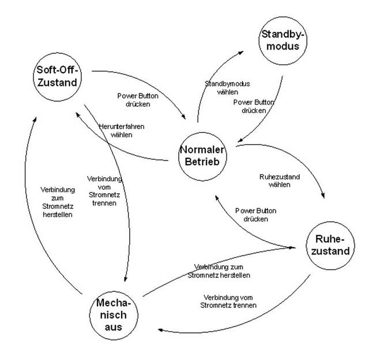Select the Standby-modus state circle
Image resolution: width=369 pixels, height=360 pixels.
[284, 41]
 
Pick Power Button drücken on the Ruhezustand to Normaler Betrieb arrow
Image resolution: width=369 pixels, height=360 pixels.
[255, 215]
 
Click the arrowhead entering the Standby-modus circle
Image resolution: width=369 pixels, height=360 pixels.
[254, 51]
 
